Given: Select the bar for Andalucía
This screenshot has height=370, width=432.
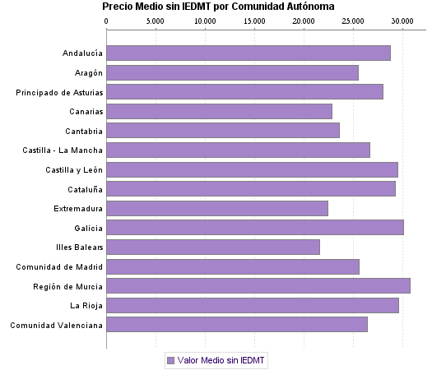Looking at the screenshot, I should (x=248, y=53).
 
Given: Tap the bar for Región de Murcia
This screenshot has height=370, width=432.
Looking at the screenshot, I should (x=258, y=286).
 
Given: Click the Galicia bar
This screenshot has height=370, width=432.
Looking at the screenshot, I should (x=254, y=228).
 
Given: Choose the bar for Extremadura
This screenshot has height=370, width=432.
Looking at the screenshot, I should (x=216, y=208).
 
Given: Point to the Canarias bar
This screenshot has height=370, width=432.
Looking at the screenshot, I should (x=219, y=111).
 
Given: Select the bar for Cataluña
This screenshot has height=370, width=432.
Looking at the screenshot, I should (x=250, y=189).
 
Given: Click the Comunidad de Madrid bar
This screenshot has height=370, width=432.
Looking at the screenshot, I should (x=232, y=266).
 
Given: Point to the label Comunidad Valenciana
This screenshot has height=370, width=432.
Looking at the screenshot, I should (x=56, y=325).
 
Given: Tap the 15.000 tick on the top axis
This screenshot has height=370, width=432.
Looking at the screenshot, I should (x=254, y=21).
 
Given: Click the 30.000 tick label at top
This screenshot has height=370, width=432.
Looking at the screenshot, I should (x=402, y=21).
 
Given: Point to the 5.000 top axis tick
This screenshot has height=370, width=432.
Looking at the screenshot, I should (x=156, y=21).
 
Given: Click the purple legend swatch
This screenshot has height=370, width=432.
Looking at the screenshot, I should (x=170, y=360).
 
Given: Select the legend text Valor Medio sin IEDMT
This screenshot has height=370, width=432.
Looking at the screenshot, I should (x=221, y=360).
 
